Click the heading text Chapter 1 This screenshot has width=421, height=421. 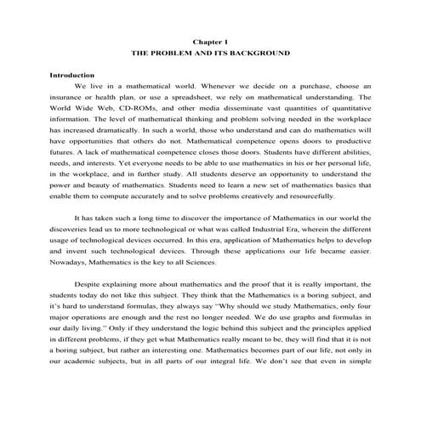210,40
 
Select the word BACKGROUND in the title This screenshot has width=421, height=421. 265,53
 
